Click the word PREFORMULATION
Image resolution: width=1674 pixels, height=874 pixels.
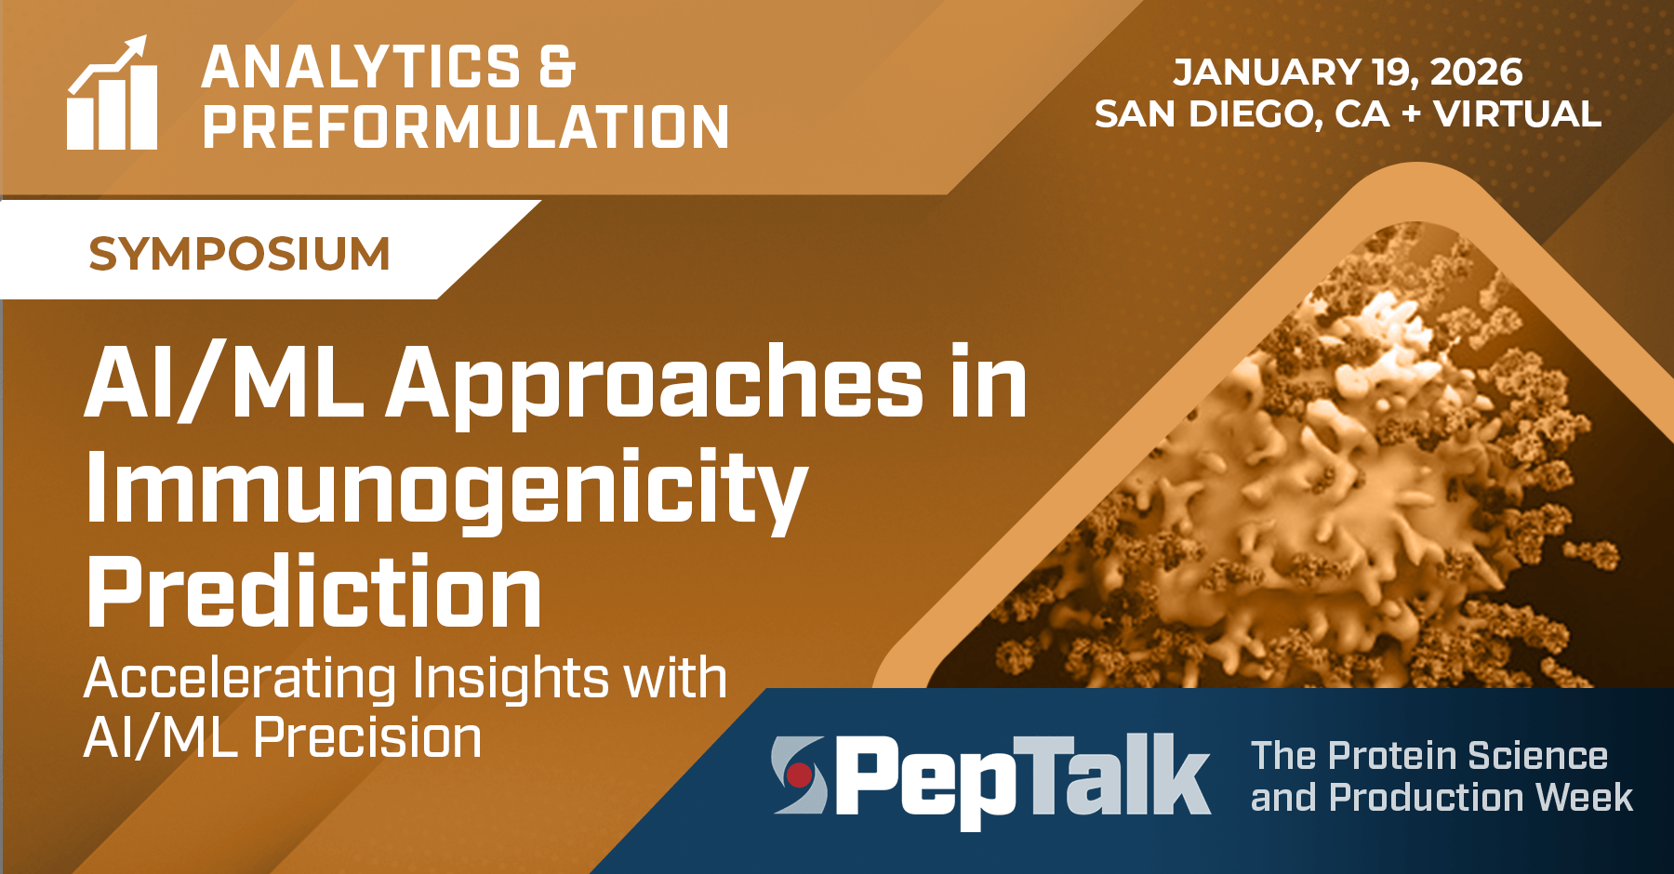(x=465, y=127)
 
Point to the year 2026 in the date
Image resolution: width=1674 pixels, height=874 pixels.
(x=1477, y=73)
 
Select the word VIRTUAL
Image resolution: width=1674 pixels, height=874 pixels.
(x=1517, y=114)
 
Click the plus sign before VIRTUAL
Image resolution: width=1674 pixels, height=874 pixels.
(x=1411, y=115)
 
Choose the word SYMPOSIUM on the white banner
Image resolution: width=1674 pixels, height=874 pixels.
(x=239, y=254)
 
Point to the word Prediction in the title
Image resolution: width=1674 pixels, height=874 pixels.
(x=313, y=592)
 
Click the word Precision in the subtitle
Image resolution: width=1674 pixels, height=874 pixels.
(x=367, y=738)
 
